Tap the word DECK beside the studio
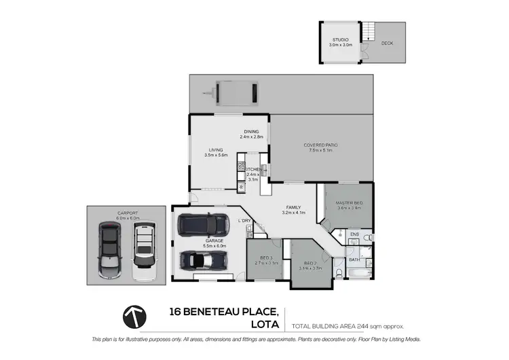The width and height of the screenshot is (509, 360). coord(387,43)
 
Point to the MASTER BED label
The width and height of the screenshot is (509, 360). coord(350,203)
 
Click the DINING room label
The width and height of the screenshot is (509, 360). coord(252,132)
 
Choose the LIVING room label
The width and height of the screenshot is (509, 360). coord(216,150)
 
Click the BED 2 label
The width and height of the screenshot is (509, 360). coord(310,263)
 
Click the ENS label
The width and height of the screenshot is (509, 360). coord(354,234)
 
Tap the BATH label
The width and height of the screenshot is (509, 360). coord(355,259)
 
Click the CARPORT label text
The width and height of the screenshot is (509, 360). coord(127,213)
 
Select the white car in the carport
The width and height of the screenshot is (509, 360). coord(143,249)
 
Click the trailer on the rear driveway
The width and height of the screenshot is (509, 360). coord(233,92)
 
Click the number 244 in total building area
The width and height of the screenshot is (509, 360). coord(364,327)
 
